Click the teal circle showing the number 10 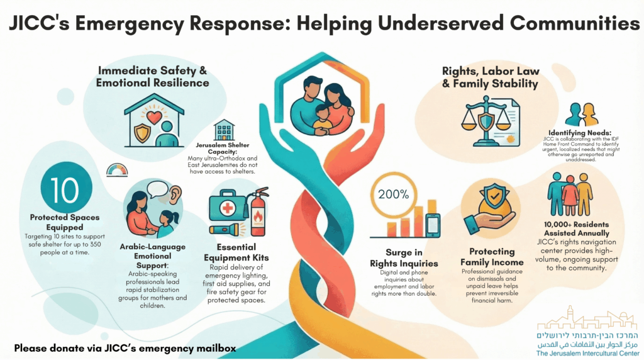[x=65, y=188]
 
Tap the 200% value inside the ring [x=393, y=194]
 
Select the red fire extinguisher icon [x=257, y=211]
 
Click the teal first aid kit [x=227, y=206]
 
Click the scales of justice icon [x=486, y=121]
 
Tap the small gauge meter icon [x=117, y=170]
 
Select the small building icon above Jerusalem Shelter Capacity [x=224, y=130]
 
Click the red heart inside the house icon [x=155, y=118]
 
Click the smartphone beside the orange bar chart [x=433, y=225]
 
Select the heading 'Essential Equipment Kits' [x=236, y=252]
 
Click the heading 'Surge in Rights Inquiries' [x=404, y=257]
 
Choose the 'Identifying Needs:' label [x=579, y=133]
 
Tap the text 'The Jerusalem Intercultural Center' [x=588, y=354]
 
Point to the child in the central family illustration [x=323, y=120]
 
